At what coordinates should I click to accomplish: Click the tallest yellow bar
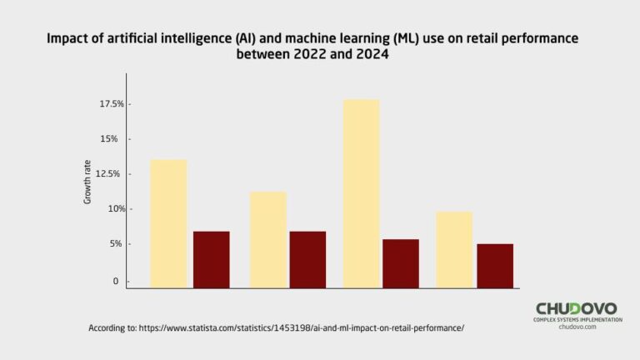361,193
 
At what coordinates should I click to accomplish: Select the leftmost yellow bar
168,223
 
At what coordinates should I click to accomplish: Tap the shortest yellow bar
454,249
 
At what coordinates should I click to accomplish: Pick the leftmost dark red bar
211,259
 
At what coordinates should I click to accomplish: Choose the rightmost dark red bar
494,266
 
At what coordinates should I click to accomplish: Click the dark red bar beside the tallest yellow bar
401,263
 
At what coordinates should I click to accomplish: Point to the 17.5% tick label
112,104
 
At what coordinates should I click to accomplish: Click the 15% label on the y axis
116,138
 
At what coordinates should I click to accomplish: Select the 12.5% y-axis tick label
112,173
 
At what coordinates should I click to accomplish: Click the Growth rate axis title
87,182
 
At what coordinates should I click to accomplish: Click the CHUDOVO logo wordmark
577,307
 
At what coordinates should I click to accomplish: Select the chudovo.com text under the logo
577,327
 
